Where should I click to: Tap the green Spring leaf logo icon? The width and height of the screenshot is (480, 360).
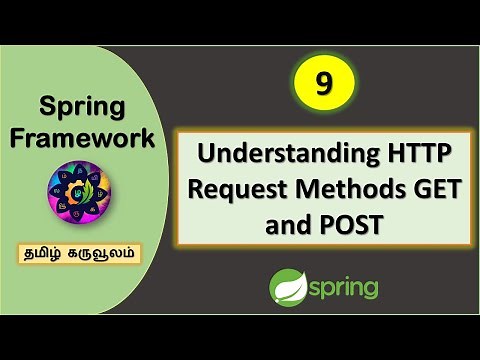pos(288,287)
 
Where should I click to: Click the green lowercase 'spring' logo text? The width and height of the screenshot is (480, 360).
pos(346,289)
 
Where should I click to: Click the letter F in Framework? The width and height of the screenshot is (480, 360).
pos(19,137)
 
